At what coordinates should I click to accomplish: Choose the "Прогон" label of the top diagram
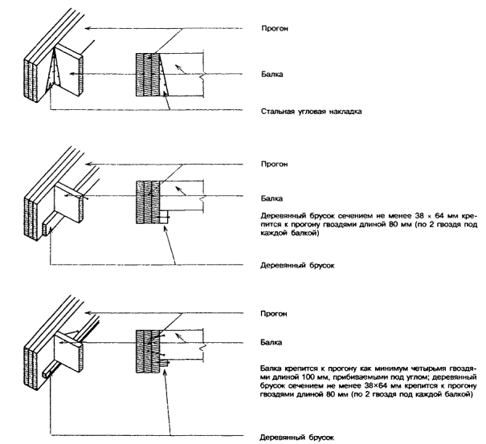[x=275, y=28]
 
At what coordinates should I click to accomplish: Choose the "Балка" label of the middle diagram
[x=273, y=196]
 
